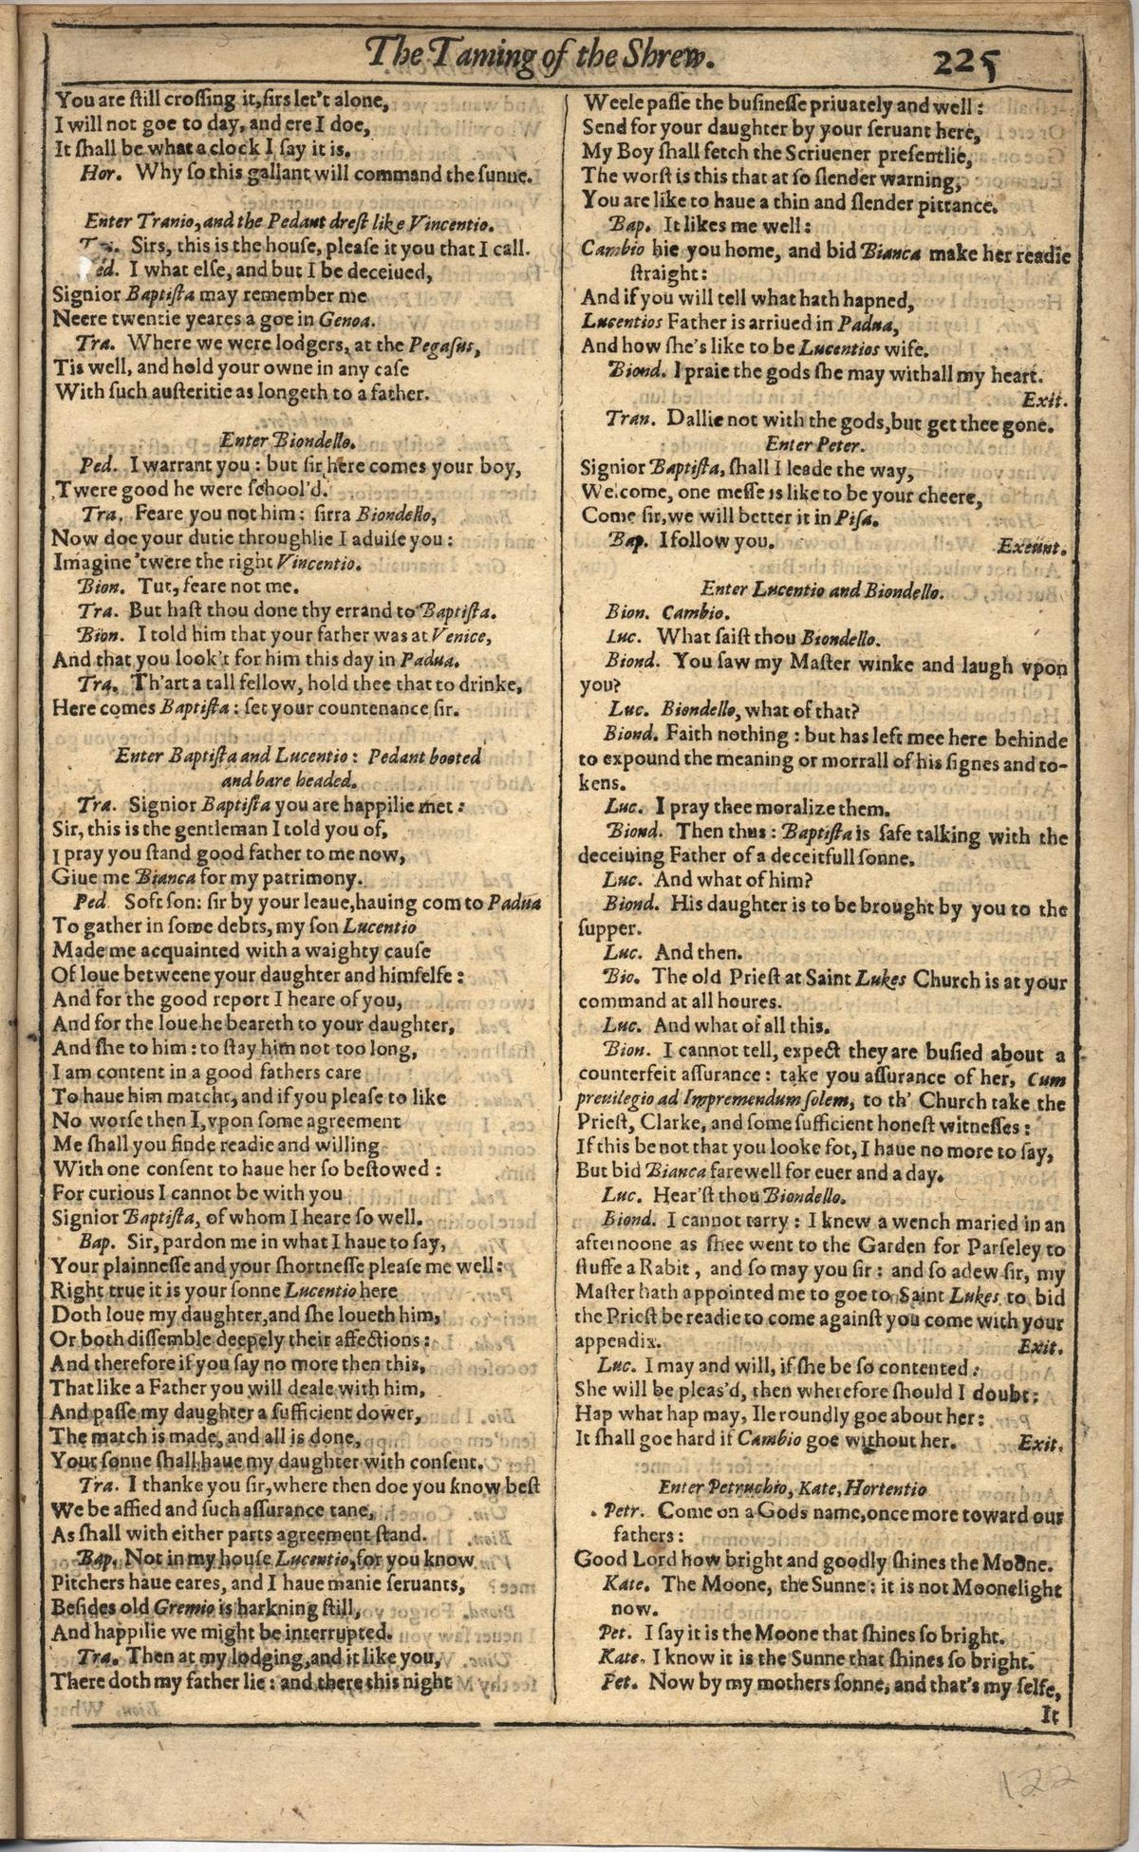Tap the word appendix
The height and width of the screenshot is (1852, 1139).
[x=616, y=1342]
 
